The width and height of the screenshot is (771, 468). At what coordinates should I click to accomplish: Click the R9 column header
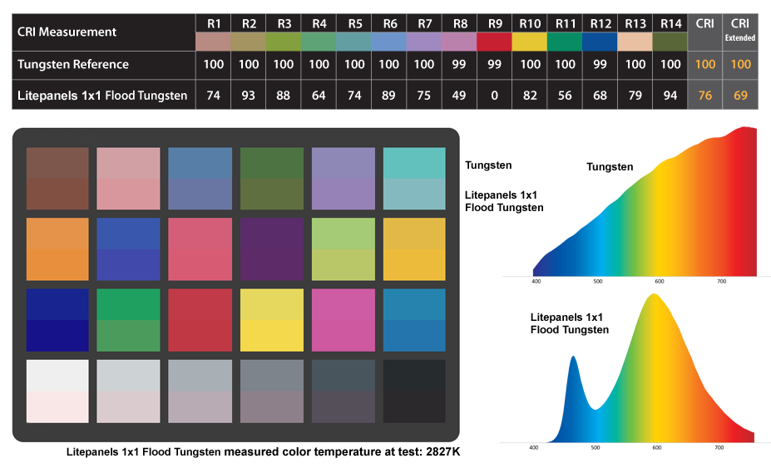495,23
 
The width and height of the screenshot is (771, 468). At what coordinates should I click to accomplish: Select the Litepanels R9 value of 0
495,96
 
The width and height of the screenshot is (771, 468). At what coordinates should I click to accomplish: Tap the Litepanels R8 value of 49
460,96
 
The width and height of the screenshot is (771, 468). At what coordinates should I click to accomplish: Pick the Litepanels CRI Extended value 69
740,96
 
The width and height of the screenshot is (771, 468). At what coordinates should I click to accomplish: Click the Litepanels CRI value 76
705,96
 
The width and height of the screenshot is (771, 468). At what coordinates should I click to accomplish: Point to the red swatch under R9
495,41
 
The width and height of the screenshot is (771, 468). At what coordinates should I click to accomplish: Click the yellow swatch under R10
530,41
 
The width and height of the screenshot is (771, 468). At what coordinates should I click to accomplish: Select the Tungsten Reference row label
73,64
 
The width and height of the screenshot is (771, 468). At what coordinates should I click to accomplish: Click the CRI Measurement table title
67,32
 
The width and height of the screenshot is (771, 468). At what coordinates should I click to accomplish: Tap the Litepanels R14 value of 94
670,96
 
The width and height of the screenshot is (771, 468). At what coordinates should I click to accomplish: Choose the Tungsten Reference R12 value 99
600,64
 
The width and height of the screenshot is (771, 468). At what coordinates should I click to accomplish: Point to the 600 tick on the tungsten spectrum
660,281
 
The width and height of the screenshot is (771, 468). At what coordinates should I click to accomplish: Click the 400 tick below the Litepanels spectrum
534,447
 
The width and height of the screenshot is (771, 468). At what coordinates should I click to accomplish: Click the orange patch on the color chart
57,249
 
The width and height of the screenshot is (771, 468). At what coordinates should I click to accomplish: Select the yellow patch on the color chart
271,320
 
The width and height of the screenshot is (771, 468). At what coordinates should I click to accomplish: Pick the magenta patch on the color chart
343,320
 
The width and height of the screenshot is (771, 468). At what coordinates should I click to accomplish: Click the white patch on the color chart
57,391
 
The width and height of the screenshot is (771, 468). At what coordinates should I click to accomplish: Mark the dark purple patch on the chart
271,249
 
